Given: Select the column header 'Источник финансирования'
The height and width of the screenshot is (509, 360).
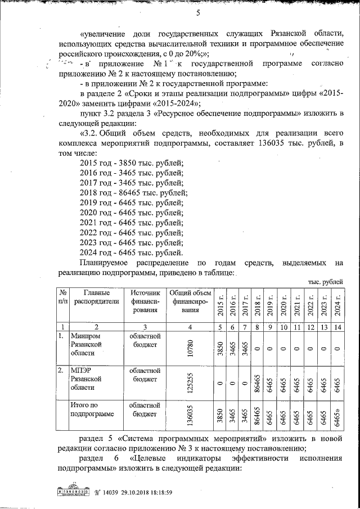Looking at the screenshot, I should [145, 300].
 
